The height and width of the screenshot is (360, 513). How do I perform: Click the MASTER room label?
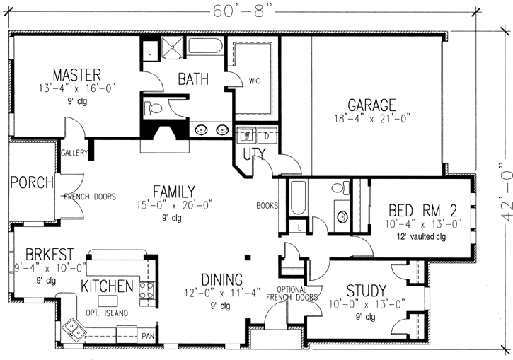coord(76,74)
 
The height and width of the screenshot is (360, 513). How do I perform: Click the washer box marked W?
coord(248,134)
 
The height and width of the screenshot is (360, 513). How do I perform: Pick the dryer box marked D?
coord(267,134)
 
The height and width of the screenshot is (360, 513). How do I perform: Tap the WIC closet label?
coord(255,81)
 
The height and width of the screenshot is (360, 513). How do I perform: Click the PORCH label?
coord(32,183)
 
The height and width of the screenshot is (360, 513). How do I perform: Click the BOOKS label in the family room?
coord(267,207)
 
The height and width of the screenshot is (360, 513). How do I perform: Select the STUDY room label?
coord(367,291)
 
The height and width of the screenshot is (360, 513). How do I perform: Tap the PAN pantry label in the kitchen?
coord(149,336)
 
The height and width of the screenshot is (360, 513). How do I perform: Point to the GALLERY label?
coord(74,153)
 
